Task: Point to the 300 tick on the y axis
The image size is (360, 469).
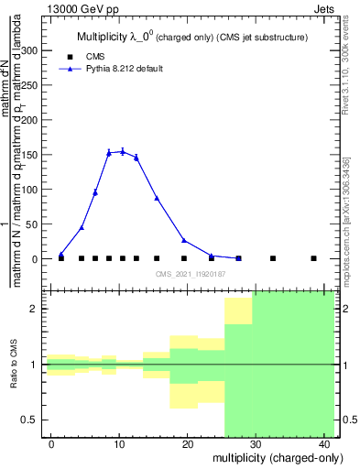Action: (34, 51)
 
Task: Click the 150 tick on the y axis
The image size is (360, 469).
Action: (34, 155)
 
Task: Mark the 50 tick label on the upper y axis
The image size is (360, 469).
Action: (37, 224)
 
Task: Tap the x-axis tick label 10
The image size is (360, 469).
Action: (119, 444)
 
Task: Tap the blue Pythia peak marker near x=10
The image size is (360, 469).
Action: (122, 151)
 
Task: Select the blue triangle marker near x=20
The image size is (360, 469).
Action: (184, 240)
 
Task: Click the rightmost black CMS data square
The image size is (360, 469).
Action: (313, 258)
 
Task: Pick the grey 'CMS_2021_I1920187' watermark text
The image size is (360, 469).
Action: (190, 274)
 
